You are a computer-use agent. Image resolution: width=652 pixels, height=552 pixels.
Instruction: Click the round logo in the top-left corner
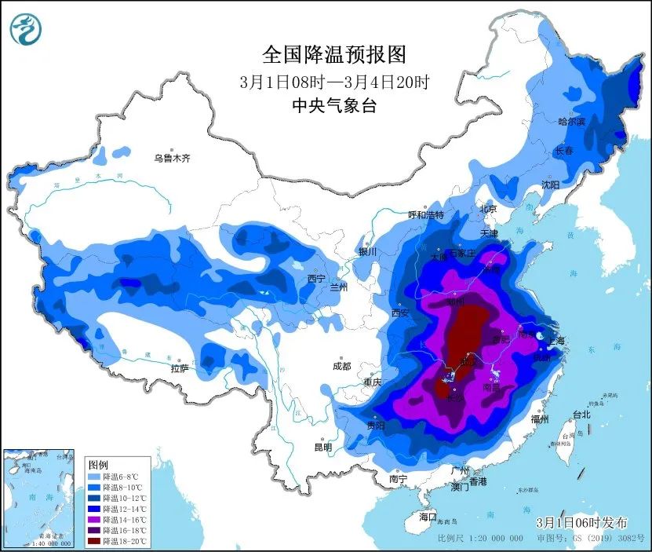pyautogui.click(x=25, y=29)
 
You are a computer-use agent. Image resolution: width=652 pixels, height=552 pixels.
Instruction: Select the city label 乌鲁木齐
pyautogui.click(x=172, y=158)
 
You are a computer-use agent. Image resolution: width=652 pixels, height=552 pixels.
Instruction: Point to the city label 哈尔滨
pyautogui.click(x=571, y=122)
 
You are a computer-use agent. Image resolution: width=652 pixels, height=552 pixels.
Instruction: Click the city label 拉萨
pyautogui.click(x=180, y=367)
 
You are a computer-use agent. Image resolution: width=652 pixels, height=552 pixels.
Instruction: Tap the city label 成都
pyautogui.click(x=342, y=365)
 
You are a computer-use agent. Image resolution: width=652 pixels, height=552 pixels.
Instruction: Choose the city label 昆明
pyautogui.click(x=322, y=447)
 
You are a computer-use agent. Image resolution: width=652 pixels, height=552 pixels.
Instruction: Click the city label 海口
pyautogui.click(x=427, y=517)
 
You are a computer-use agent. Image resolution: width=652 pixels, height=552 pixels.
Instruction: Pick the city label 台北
pyautogui.click(x=581, y=414)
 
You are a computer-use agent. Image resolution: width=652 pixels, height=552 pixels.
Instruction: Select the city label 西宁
pyautogui.click(x=316, y=279)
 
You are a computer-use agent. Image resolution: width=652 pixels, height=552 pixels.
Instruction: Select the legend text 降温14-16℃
pyautogui.click(x=122, y=519)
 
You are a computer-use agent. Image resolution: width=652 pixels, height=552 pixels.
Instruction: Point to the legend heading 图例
pyautogui.click(x=97, y=464)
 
